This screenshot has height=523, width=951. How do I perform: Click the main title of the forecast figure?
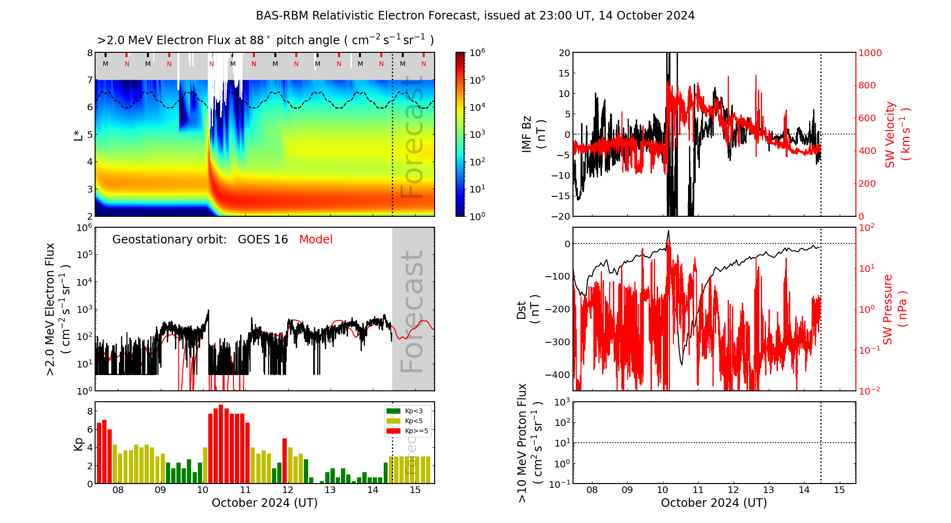click(x=475, y=16)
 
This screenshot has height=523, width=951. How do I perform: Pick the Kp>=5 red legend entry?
click(x=407, y=431)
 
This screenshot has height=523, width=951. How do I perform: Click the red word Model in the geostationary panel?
click(x=316, y=240)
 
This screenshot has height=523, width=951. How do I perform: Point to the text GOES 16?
click(x=262, y=240)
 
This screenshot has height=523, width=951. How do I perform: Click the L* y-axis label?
click(x=78, y=134)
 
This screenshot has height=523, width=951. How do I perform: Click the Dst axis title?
click(x=528, y=310)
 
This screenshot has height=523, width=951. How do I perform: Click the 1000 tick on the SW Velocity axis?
click(x=870, y=53)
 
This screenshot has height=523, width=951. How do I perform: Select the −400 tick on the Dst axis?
click(x=557, y=375)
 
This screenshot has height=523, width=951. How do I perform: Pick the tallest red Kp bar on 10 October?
click(x=221, y=444)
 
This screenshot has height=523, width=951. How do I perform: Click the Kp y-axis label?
click(x=78, y=444)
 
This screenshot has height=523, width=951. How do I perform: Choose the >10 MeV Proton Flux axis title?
click(x=529, y=443)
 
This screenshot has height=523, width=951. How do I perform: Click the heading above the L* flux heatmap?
click(x=265, y=40)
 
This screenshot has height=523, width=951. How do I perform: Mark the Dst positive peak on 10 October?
click(x=669, y=232)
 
